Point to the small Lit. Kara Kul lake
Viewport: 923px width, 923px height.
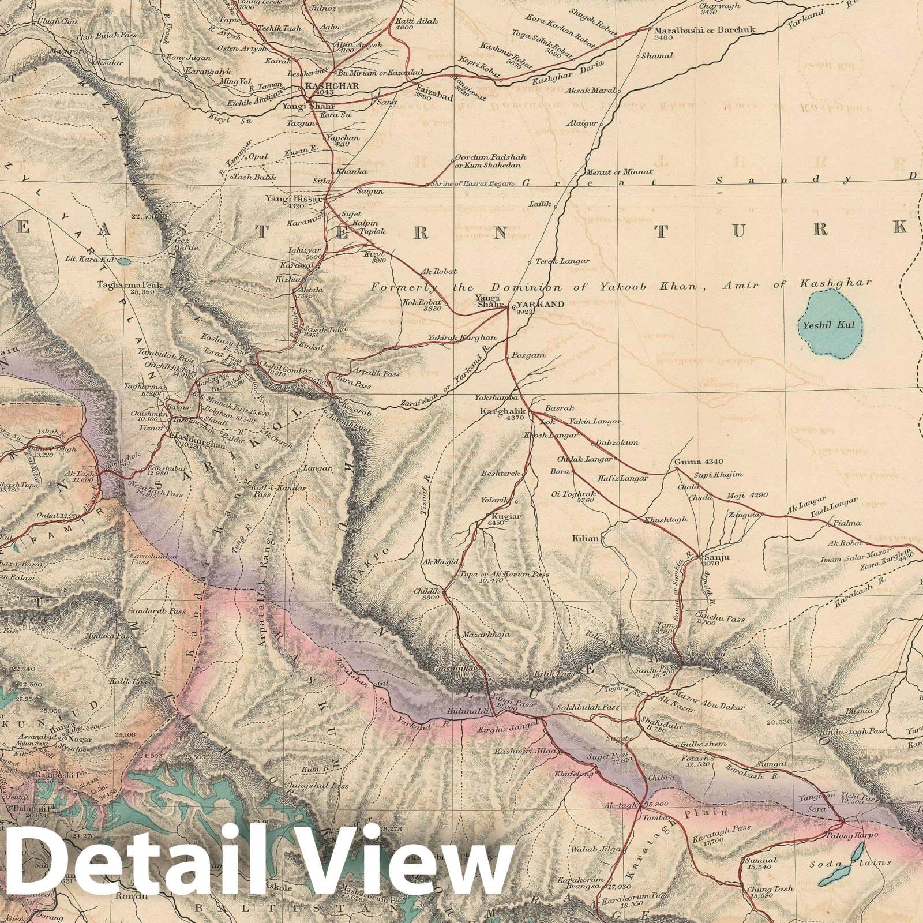click(123, 261)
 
